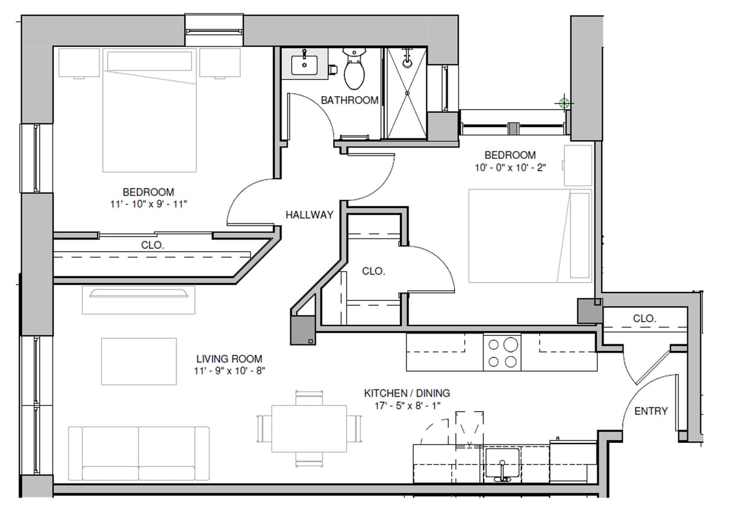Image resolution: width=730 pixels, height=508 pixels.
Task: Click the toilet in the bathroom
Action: tap(354, 70)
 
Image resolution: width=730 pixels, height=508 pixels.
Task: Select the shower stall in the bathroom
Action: tap(406, 93)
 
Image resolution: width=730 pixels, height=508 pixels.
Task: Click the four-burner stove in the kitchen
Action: tap(502, 353)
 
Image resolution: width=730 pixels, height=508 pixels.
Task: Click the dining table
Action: tap(308, 428)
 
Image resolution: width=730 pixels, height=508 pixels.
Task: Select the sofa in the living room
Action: tap(139, 453)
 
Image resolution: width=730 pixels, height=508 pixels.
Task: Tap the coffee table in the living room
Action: tap(139, 361)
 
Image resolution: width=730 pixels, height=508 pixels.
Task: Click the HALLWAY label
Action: tap(309, 215)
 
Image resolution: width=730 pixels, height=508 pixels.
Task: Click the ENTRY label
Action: tap(650, 411)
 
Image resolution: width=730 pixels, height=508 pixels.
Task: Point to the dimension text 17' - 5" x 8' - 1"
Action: tap(407, 406)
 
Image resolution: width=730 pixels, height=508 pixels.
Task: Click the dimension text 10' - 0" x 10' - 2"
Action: tap(510, 168)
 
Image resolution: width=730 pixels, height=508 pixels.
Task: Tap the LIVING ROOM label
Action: tap(229, 359)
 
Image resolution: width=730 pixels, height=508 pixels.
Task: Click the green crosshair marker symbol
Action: tap(564, 103)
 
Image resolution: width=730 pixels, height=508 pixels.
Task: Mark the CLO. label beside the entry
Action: tap(644, 318)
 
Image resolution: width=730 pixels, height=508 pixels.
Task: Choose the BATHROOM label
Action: tap(349, 100)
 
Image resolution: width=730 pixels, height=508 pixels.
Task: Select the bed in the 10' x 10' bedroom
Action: tap(529, 235)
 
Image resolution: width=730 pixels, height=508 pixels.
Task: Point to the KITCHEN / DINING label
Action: tap(407, 393)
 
